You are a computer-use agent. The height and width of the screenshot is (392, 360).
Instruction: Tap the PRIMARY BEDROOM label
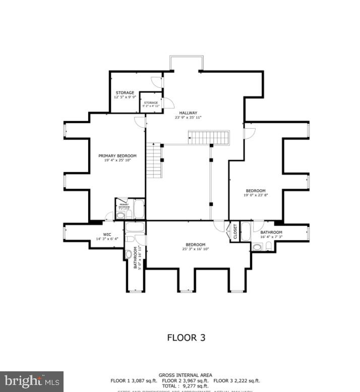(117, 156)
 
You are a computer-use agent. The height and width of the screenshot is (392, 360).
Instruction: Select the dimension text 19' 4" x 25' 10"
(117, 161)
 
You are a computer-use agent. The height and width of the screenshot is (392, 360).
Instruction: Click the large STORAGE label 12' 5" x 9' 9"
(125, 93)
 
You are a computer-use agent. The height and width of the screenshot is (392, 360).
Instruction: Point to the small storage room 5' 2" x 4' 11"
(151, 104)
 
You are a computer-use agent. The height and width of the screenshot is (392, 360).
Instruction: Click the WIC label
(107, 234)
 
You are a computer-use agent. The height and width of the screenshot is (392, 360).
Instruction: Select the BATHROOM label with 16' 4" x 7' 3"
(271, 233)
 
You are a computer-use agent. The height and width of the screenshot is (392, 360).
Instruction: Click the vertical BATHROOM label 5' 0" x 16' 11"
(136, 258)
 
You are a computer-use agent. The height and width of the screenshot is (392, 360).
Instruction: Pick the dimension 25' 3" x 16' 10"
(195, 249)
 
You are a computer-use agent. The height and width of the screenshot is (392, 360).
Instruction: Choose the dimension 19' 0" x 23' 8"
(256, 195)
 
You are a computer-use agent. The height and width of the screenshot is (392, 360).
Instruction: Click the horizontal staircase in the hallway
(209, 137)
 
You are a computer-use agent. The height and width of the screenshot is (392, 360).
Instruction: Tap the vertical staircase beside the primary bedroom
(154, 160)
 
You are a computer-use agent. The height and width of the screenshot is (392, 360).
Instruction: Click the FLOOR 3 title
(186, 338)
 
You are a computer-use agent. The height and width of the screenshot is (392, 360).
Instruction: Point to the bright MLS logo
(31, 381)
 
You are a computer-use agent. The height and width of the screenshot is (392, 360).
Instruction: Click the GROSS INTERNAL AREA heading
(185, 375)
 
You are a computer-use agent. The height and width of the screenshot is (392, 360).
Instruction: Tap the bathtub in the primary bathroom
(139, 208)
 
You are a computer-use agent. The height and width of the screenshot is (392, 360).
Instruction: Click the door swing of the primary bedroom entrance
(139, 122)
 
